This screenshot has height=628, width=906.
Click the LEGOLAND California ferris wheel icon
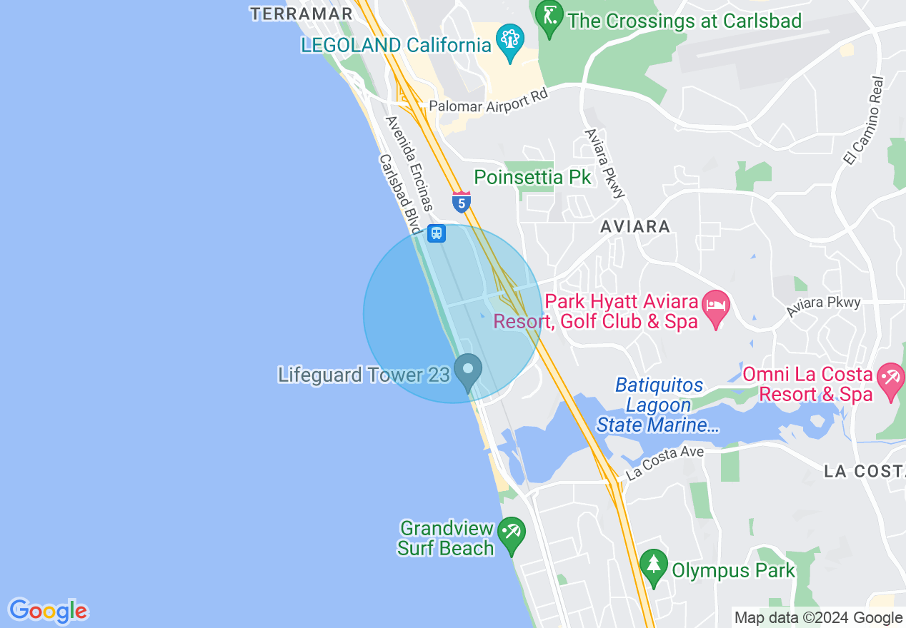(x=510, y=39)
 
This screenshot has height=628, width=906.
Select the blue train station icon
(x=436, y=233)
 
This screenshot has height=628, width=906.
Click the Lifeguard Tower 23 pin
(x=469, y=371)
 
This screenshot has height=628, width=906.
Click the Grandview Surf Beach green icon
(x=512, y=532)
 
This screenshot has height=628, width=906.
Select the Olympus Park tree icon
(x=653, y=564)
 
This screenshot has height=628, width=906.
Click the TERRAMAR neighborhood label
(x=301, y=14)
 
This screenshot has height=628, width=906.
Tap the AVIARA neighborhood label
(x=635, y=227)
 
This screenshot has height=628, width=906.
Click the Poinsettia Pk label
(x=533, y=177)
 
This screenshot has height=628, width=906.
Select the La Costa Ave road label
(x=664, y=462)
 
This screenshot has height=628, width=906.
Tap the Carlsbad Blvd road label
(x=400, y=193)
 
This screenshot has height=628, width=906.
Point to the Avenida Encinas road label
(x=409, y=163)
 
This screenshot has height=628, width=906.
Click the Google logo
(x=48, y=611)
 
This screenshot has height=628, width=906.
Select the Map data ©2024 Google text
(x=818, y=618)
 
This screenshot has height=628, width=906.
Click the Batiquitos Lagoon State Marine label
(x=657, y=405)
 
